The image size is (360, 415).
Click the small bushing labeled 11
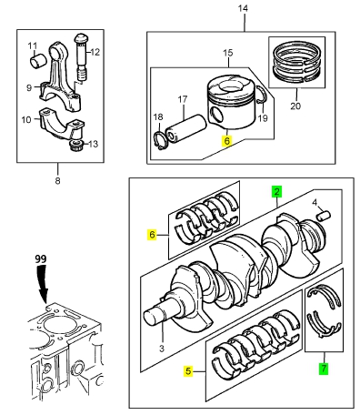38,61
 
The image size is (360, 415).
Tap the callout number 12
95,52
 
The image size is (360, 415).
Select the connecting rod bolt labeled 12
82,57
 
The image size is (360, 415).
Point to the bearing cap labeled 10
61,123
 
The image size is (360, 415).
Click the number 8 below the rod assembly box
57,181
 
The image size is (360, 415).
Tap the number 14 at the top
243,8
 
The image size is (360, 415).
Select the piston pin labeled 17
185,127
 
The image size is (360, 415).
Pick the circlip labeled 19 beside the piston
262,95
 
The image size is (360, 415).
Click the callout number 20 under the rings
295,106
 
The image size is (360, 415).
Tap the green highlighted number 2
276,191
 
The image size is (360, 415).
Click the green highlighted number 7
324,369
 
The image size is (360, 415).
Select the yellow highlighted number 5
188,371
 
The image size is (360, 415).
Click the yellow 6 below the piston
227,141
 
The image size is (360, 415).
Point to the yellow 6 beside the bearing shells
152,235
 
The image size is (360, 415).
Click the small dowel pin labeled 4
324,217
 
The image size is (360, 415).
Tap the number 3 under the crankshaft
162,349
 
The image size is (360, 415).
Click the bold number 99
40,259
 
